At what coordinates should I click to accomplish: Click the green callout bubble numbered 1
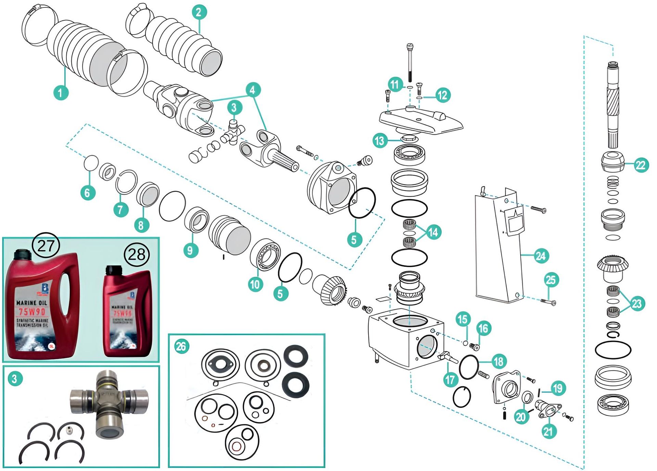point(60,92)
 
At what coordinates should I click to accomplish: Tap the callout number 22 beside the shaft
point(641,165)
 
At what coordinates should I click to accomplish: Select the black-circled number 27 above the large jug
point(46,246)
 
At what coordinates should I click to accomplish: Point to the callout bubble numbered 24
point(540,256)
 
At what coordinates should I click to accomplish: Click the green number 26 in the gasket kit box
point(181,346)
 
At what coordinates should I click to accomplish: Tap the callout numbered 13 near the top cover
point(380,140)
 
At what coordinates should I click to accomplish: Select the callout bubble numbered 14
point(433,232)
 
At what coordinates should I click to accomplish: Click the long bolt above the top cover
point(410,63)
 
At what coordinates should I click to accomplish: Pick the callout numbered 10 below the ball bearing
point(255,284)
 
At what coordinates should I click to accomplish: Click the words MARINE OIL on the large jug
point(32,303)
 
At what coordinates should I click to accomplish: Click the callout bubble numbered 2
point(199,12)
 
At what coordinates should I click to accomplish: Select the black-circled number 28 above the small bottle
point(137,255)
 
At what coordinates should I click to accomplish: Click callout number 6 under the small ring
point(87,193)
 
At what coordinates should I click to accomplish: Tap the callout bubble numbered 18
point(498,361)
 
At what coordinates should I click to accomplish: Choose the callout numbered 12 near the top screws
point(442,95)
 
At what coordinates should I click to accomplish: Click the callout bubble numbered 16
point(483,328)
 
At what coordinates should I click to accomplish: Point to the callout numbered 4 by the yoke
point(253,90)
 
